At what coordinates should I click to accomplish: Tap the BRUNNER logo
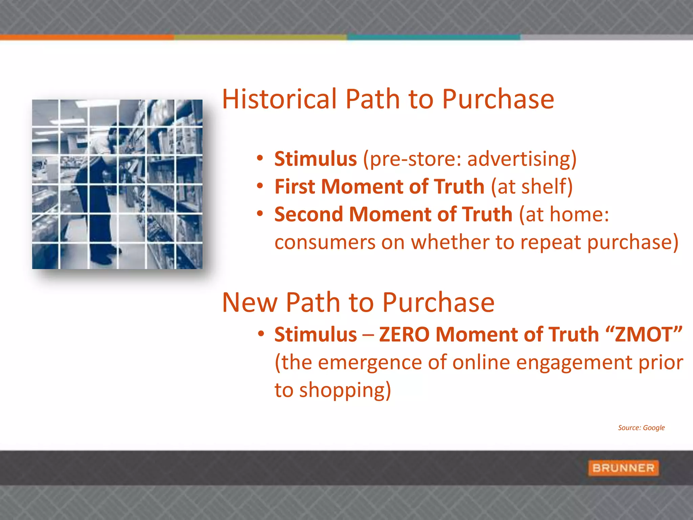pyautogui.click(x=623, y=468)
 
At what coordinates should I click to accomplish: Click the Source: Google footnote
pyautogui.click(x=641, y=428)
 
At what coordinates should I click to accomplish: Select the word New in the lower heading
pyautogui.click(x=250, y=302)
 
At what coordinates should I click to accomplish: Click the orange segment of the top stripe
pyautogui.click(x=87, y=37)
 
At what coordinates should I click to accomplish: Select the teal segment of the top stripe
pyautogui.click(x=433, y=37)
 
